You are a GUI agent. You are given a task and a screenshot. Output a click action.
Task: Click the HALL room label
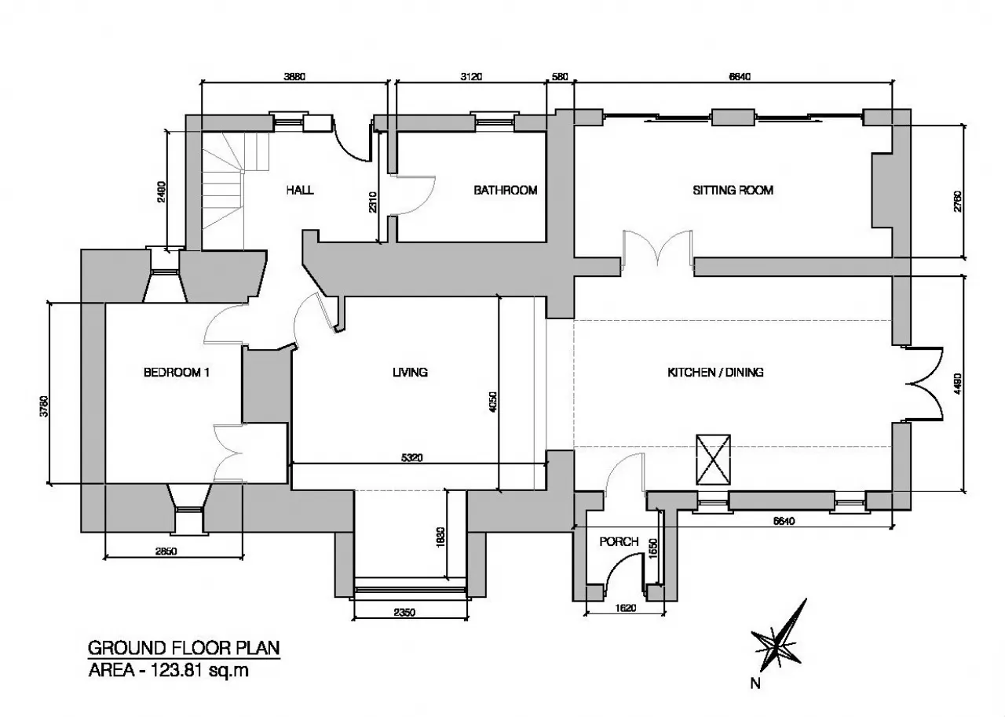[300, 190]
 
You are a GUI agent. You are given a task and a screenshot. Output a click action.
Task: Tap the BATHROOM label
[506, 191]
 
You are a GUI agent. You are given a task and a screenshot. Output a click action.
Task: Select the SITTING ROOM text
[733, 191]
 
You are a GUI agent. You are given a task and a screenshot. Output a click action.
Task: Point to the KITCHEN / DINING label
[715, 373]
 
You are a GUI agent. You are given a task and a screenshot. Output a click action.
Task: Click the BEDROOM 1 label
[177, 373]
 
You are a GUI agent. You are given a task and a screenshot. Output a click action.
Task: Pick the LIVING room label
[410, 373]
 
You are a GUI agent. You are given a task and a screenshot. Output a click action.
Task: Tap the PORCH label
[619, 542]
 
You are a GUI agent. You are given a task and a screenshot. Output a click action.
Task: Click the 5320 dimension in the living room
[412, 458]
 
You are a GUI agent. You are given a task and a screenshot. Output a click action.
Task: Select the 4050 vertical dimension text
[492, 402]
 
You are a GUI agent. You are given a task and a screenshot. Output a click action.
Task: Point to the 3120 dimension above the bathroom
[471, 77]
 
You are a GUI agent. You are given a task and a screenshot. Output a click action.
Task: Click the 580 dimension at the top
[560, 77]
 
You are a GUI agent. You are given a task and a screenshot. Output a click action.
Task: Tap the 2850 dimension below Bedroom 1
[166, 551]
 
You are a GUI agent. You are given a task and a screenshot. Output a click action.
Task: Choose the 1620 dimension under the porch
[626, 608]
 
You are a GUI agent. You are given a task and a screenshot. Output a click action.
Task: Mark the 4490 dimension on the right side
[957, 384]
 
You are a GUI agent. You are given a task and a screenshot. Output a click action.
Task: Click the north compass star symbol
[778, 636]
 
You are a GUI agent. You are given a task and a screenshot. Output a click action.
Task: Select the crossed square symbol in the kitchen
[713, 460]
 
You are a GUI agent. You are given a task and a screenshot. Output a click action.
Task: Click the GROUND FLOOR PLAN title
[184, 648]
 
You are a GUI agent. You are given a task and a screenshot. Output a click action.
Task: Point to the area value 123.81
[178, 671]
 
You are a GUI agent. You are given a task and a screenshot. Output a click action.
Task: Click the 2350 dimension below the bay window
[404, 612]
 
